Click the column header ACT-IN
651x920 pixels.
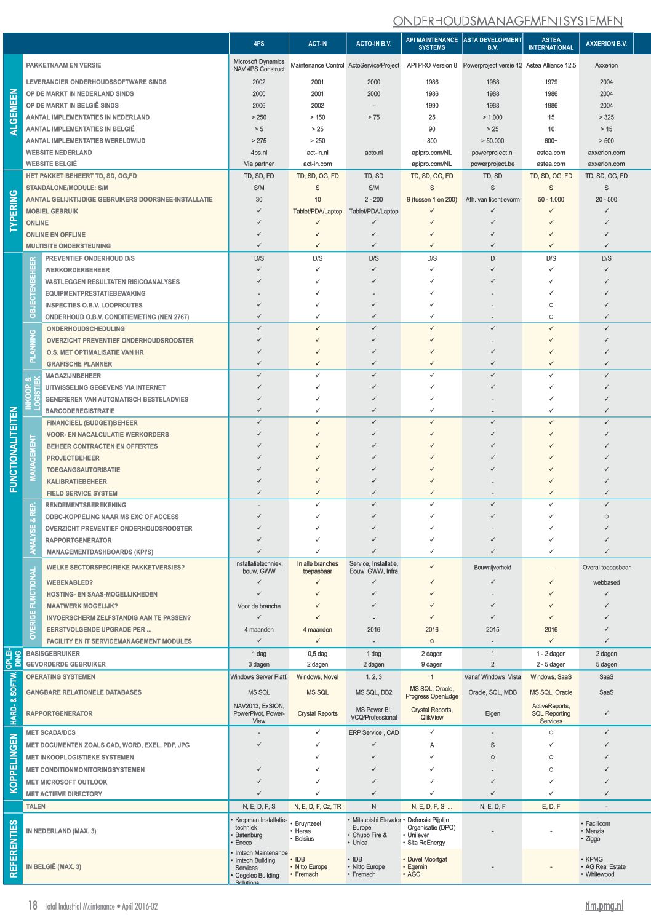coord(318,44)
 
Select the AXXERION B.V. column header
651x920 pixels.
coord(606,44)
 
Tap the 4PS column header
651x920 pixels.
coord(259,44)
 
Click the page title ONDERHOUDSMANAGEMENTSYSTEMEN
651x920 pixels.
coord(508,21)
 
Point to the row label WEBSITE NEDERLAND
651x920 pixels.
coord(59,153)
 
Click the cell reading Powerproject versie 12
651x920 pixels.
coord(492,65)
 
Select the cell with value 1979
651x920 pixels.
coord(551,82)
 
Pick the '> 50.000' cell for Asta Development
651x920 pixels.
coord(492,141)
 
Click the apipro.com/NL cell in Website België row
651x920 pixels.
coord(431,164)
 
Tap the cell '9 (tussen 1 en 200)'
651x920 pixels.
coord(431,199)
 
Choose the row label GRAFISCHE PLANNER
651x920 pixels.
coord(79,364)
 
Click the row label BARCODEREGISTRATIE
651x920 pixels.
coord(80,411)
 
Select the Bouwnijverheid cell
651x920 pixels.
coord(492,568)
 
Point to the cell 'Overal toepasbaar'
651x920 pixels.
coord(606,568)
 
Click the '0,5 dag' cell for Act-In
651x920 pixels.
coord(318,654)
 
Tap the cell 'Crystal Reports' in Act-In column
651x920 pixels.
coord(318,713)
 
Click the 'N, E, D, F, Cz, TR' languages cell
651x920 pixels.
coord(318,806)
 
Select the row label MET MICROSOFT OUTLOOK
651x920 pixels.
coord(66,782)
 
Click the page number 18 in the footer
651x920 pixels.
coord(33,905)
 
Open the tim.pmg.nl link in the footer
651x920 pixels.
coord(604,905)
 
